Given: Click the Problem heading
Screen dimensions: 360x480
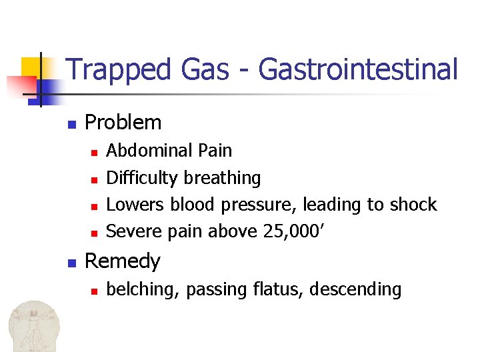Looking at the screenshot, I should tap(123, 123).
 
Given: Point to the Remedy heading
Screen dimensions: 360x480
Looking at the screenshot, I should tap(123, 261).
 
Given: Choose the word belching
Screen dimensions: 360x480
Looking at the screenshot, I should tap(143, 289).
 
